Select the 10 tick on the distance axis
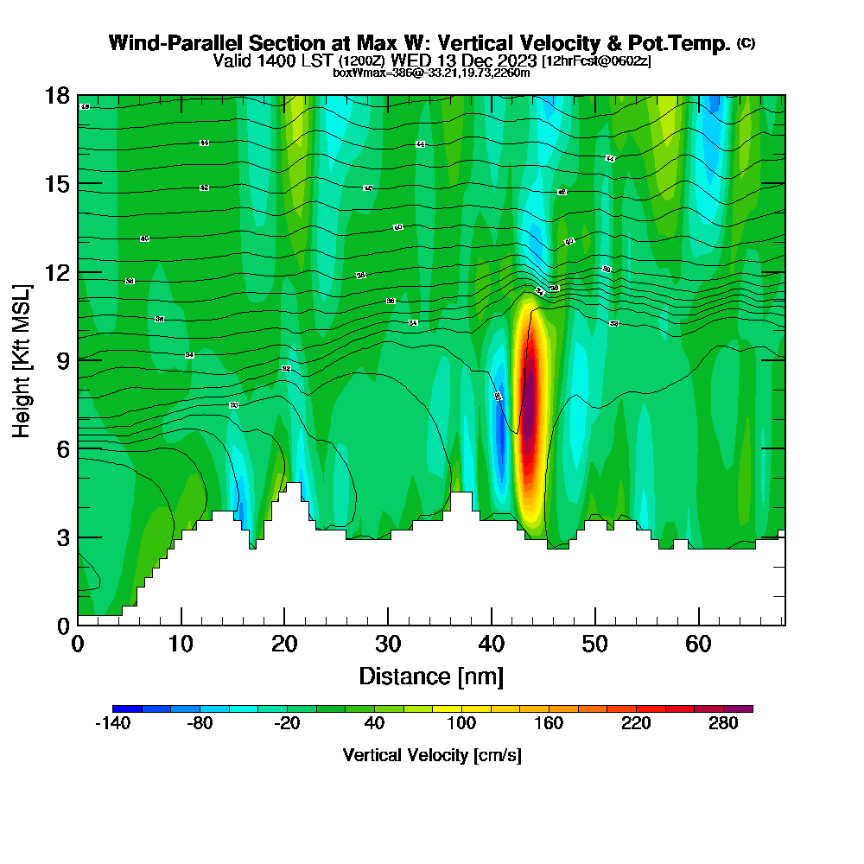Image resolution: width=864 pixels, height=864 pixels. [x=181, y=644]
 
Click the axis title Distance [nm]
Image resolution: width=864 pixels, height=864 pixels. [x=431, y=676]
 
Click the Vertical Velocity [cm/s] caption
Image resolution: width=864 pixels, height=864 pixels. [x=431, y=755]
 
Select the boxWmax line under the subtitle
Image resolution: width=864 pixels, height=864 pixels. [x=431, y=73]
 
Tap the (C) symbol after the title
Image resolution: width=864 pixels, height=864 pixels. [x=746, y=43]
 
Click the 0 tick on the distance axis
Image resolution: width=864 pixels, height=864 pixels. [x=78, y=644]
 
